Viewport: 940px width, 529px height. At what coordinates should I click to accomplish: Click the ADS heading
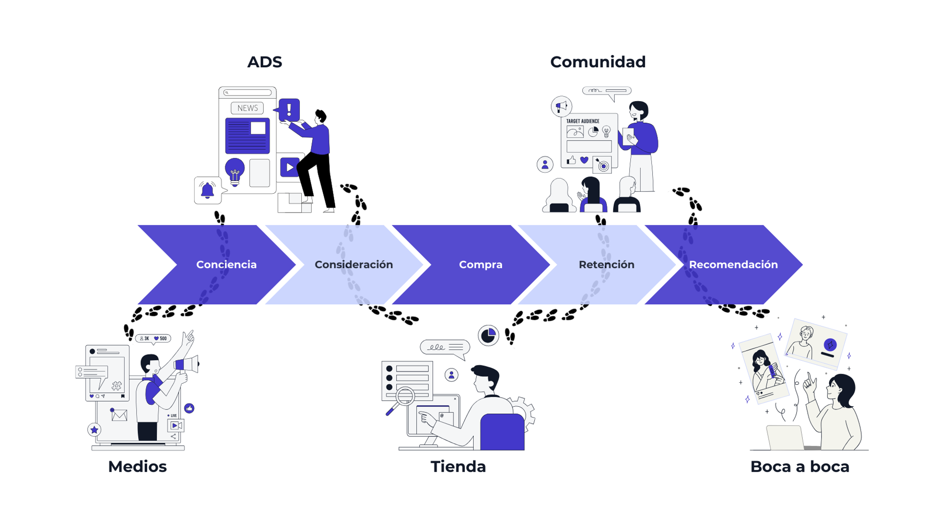265,62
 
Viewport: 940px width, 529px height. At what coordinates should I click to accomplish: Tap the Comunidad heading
598,62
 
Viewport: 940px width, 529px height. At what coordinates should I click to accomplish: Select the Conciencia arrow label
226,265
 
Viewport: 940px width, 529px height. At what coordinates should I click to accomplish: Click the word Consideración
353,265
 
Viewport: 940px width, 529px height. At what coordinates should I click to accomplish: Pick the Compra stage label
480,265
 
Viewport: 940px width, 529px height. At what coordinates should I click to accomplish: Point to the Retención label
606,265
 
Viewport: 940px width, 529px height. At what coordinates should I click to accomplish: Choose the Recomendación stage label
733,265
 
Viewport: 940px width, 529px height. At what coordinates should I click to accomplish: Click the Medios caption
137,466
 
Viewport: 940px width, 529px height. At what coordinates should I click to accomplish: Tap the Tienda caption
458,466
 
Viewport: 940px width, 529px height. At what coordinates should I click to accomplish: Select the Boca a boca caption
799,466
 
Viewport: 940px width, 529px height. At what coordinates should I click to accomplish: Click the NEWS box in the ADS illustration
247,108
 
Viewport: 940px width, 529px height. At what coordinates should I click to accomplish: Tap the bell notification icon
207,190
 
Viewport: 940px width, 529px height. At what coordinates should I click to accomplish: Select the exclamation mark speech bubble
289,110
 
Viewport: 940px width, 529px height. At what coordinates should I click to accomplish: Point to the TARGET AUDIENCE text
582,121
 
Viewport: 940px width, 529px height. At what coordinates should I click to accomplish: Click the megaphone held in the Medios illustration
187,364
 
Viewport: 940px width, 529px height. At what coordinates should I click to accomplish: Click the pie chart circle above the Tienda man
488,335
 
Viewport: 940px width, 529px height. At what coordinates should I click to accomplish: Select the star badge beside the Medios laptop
94,429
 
